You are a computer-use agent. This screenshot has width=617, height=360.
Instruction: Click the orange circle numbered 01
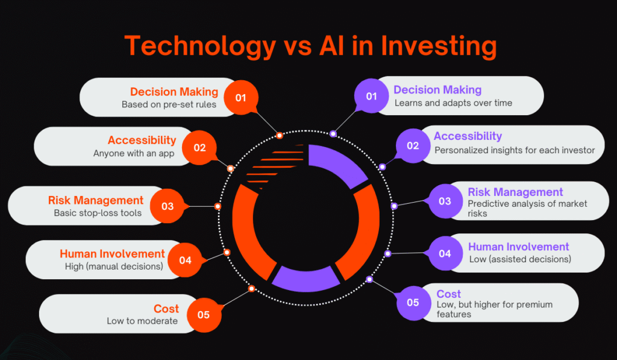[x=241, y=97]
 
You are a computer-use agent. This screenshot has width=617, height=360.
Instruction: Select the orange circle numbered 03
[x=168, y=206]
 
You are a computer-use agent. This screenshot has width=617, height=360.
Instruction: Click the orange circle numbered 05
[x=204, y=314]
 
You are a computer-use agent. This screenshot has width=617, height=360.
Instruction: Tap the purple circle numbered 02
[x=413, y=145]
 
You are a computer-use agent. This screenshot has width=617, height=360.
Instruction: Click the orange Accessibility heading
[x=142, y=141]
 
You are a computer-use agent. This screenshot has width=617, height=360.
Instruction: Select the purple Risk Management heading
[x=515, y=192]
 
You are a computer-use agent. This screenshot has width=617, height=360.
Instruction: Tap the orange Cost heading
[x=166, y=309]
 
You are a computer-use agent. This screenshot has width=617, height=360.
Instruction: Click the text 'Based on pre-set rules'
[x=169, y=104]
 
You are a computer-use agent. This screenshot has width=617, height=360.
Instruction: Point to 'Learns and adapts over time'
[x=453, y=103]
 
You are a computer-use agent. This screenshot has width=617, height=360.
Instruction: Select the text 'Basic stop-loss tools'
[x=98, y=212]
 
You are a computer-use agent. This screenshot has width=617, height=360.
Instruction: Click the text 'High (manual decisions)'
[x=114, y=266]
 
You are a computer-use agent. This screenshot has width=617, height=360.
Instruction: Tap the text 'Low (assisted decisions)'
[x=519, y=259]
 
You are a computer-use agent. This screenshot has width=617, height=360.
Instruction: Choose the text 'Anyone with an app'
[x=134, y=153]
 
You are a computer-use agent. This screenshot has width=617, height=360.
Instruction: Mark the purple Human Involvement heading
[x=518, y=247]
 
